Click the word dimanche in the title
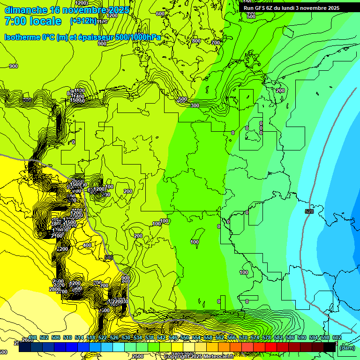[26, 10]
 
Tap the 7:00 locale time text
[33, 21]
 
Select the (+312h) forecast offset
[83, 21]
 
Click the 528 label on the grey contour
[308, 212]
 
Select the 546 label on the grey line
[109, 257]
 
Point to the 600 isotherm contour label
[160, 14]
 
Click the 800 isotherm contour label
[196, 41]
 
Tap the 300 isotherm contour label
[195, 105]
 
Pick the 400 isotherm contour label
[87, 245]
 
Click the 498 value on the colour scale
[32, 337]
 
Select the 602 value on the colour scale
[337, 337]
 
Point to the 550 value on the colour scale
[185, 337]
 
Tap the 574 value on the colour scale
[255, 337]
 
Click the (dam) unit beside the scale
[347, 347]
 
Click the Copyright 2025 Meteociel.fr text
[199, 356]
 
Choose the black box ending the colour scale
[330, 347]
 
